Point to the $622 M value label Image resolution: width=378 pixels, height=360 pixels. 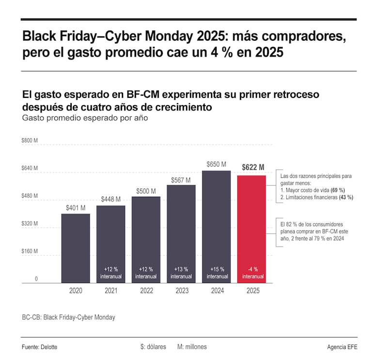(x=253, y=168)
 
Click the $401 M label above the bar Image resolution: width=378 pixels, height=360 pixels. (x=76, y=208)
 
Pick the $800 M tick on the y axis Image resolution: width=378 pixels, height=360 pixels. (x=30, y=141)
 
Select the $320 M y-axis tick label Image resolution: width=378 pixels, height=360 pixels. (x=30, y=224)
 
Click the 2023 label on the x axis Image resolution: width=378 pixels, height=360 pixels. (x=182, y=291)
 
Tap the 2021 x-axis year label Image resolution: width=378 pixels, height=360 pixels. (x=111, y=291)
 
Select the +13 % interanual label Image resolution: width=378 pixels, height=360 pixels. (x=182, y=273)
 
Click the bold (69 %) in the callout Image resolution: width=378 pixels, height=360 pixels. (x=338, y=190)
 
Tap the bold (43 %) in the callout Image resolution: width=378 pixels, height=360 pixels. (x=346, y=197)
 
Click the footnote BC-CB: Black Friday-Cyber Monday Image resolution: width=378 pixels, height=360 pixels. (x=68, y=317)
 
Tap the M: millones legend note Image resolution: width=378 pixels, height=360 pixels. (x=192, y=347)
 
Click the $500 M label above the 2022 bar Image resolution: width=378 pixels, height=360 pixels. (x=146, y=191)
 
